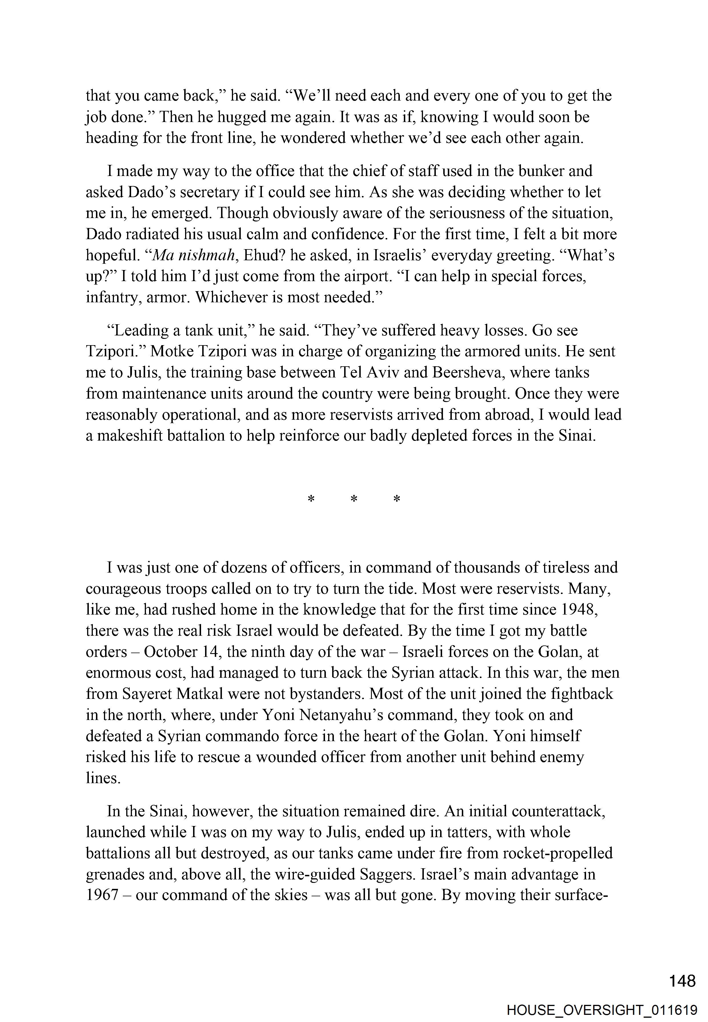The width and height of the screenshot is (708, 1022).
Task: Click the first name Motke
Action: click(171, 351)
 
